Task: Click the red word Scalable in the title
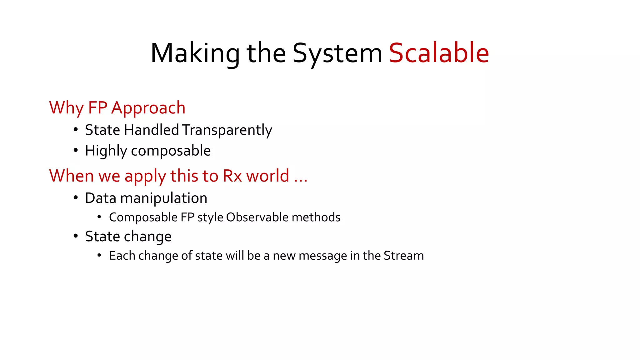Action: tap(439, 53)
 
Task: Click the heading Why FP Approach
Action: tap(117, 108)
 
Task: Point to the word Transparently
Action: tap(227, 130)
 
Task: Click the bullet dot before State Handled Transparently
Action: tap(76, 130)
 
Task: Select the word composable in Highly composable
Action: tap(171, 151)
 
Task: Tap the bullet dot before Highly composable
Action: tap(76, 151)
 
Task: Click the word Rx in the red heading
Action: tap(232, 176)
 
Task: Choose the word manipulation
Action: tap(163, 198)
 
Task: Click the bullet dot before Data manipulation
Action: tap(76, 198)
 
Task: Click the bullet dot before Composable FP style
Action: tap(99, 217)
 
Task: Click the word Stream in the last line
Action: tap(403, 256)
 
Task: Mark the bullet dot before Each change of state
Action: tap(99, 256)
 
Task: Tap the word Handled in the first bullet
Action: tap(151, 130)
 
